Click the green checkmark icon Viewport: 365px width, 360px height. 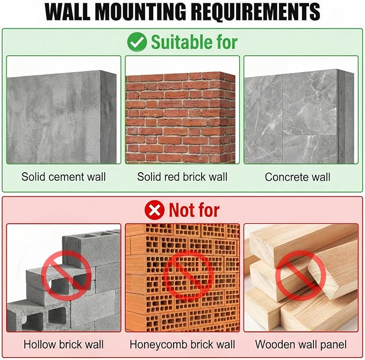(x=137, y=42)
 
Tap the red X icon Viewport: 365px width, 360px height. (x=154, y=210)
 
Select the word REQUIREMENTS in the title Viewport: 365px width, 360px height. (x=256, y=12)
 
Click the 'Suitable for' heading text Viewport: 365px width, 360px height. (x=194, y=42)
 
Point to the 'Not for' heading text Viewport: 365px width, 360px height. (x=194, y=210)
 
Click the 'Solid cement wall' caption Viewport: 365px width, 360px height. (x=63, y=177)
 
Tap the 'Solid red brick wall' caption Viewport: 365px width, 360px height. (x=182, y=177)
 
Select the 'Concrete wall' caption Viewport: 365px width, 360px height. (x=297, y=177)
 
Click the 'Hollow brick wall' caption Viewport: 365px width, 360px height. (x=63, y=344)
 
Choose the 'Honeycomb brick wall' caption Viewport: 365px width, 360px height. (x=182, y=344)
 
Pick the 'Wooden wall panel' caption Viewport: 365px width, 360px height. (x=300, y=344)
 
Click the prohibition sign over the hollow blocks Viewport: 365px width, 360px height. (x=66, y=275)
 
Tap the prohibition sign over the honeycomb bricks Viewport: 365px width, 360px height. (x=188, y=275)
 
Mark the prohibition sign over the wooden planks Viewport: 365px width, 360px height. (x=300, y=275)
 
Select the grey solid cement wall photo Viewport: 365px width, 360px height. (x=62, y=117)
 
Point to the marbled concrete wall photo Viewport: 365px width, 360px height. (x=299, y=116)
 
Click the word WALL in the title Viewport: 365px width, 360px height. (x=67, y=12)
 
